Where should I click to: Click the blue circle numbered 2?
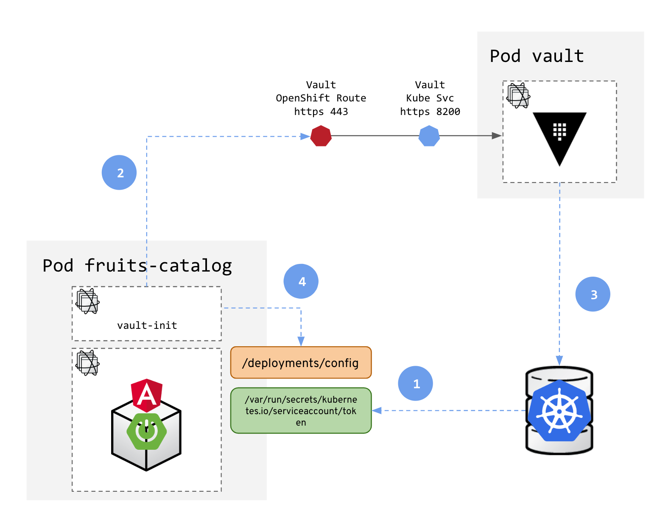click(119, 172)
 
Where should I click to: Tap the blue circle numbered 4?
click(301, 281)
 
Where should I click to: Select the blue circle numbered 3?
click(593, 294)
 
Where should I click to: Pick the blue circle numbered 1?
click(415, 383)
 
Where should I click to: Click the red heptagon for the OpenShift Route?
click(321, 136)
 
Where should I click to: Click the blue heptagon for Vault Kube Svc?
click(429, 136)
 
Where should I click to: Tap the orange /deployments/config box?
click(301, 363)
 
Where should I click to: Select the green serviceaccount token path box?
click(301, 410)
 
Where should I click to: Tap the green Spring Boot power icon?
click(147, 431)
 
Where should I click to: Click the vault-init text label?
click(147, 325)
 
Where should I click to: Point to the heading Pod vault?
click(537, 56)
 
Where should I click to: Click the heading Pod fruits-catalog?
click(137, 266)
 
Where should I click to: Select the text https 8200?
click(430, 112)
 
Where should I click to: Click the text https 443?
click(321, 112)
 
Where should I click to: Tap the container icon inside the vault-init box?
click(87, 301)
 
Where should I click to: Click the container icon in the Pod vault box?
click(518, 96)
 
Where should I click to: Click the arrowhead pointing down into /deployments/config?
click(301, 342)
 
